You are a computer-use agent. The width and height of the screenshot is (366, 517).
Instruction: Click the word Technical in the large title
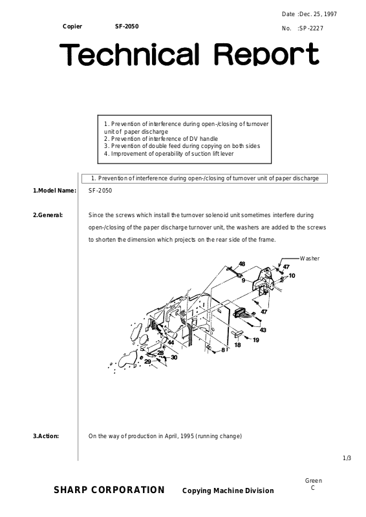point(130,54)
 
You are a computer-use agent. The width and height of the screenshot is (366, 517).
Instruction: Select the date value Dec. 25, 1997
point(318,14)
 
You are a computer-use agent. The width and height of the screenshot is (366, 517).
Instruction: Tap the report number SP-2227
point(311,28)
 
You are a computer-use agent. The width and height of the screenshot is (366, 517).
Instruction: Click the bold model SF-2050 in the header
point(127,26)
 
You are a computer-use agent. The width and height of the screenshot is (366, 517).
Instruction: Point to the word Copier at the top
point(72,26)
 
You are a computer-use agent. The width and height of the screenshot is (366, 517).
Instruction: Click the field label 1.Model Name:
point(54,191)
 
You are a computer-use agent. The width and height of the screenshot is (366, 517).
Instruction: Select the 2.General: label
point(48,215)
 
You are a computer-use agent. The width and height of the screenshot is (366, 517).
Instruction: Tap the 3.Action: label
point(46,436)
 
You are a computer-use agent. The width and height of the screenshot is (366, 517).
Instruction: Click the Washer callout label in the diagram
point(310,258)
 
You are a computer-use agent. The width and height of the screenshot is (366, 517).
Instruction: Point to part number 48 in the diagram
point(242,264)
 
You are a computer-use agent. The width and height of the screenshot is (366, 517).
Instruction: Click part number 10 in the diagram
point(292,276)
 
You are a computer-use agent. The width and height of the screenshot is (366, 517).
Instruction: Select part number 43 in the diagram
point(263,330)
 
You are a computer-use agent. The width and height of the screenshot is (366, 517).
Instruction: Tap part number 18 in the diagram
point(237,345)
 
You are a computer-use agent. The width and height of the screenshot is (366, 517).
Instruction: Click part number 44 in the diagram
point(171,343)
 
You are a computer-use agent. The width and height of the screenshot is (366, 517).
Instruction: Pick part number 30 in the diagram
point(174,357)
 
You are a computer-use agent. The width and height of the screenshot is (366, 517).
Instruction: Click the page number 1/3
point(347,458)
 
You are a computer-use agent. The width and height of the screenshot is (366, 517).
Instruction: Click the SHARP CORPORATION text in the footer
point(109,491)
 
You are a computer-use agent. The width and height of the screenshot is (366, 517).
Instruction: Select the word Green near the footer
point(314,481)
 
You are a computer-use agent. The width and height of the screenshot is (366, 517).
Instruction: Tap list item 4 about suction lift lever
point(169,154)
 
